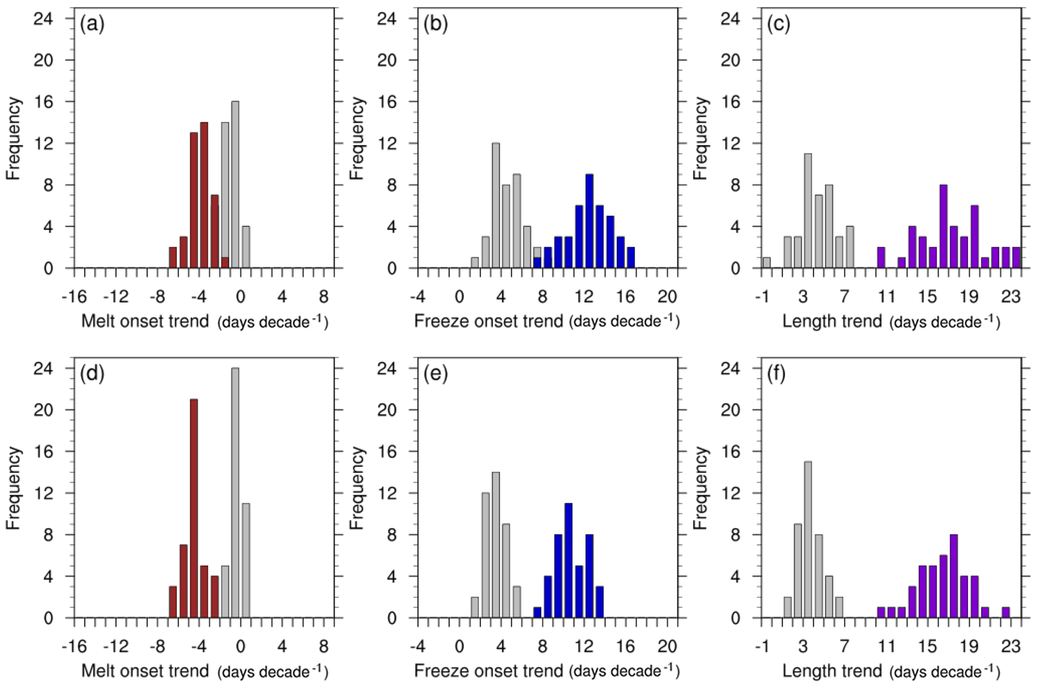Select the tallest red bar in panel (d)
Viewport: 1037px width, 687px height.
(194, 508)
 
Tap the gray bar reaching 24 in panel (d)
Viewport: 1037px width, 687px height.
(235, 493)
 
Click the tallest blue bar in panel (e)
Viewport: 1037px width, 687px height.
(568, 560)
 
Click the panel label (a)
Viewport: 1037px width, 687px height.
(92, 24)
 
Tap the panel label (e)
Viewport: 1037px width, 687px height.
(435, 374)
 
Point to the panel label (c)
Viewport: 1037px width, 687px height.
(778, 24)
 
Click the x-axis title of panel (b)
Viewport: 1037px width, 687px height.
(546, 321)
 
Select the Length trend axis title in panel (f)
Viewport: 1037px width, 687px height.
(891, 671)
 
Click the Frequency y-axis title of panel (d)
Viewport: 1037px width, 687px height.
(13, 488)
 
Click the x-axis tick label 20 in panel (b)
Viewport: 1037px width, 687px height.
(667, 297)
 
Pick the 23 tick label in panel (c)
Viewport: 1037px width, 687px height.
(1011, 297)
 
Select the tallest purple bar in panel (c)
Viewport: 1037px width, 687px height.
(943, 226)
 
